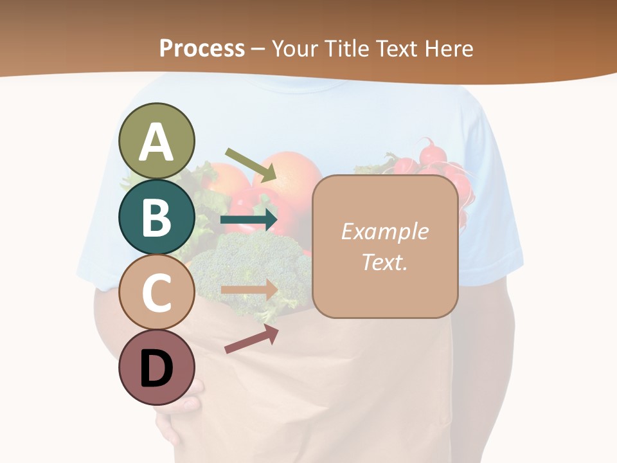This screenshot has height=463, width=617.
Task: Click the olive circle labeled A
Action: point(157,141)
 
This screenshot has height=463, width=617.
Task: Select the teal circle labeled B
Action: point(157,217)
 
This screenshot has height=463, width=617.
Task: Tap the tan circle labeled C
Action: point(157,292)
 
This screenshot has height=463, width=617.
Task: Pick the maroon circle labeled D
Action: point(157,368)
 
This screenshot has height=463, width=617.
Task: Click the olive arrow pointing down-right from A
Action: point(251,164)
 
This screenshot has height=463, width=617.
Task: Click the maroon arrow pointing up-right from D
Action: point(251,339)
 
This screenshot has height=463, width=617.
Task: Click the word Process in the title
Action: point(202,48)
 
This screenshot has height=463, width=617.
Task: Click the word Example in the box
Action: point(384,232)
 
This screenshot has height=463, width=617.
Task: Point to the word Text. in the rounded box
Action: point(384,262)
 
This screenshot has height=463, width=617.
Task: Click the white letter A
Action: point(157,142)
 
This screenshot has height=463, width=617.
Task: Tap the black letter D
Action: point(157,369)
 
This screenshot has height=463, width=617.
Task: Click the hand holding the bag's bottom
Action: point(180,412)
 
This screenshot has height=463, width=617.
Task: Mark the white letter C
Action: point(157,293)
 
